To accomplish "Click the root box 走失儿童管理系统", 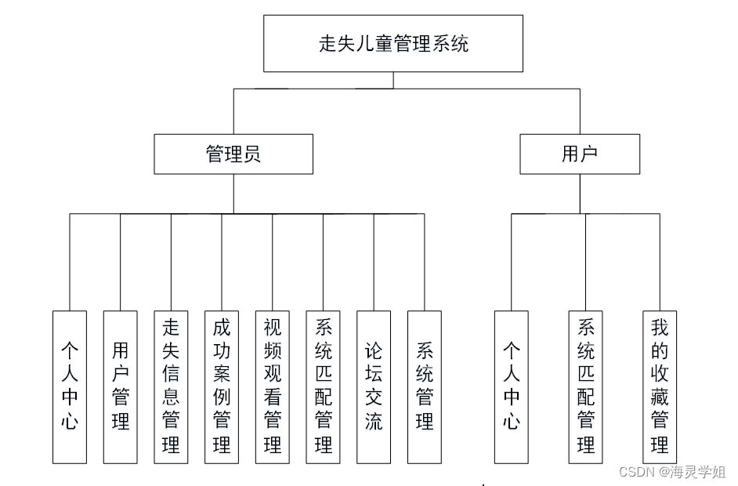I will click(393, 44).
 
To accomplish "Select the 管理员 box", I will click(233, 154).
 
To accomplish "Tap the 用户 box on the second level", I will click(580, 154).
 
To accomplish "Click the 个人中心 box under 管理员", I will click(70, 386).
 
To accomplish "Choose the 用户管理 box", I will click(120, 386).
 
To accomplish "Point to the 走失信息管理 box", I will click(171, 386).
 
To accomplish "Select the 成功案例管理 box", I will click(222, 386).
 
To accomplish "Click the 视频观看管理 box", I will click(273, 386).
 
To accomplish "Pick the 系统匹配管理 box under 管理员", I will click(323, 386).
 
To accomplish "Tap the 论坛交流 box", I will click(374, 386).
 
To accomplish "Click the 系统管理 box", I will click(424, 386).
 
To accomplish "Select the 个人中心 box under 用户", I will click(512, 386).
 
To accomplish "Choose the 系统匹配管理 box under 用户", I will click(586, 386).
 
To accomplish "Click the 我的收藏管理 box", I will click(660, 386).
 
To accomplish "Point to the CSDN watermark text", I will click(637, 471).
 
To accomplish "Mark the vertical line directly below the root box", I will click(393, 80).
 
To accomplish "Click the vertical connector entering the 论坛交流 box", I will click(374, 263).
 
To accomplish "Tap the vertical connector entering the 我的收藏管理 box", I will click(660, 263).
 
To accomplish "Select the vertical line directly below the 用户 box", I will click(581, 194).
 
